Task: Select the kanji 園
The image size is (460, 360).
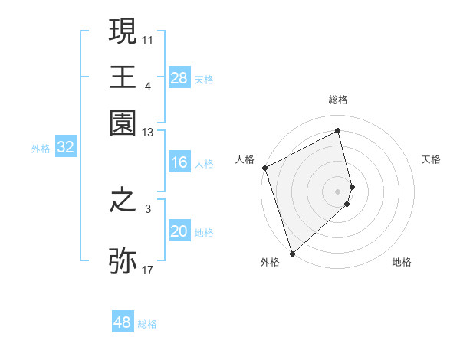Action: point(123,123)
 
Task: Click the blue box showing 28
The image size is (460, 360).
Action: point(179,78)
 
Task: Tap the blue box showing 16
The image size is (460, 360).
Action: point(179,162)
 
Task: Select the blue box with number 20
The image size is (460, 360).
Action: point(179,231)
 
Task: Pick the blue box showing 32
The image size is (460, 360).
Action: point(65,148)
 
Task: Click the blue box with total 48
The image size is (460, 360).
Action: point(123,322)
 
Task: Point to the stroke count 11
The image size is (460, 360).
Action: point(148,39)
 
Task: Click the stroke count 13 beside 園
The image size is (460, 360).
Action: point(148,133)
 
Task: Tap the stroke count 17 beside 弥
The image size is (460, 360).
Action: point(148,270)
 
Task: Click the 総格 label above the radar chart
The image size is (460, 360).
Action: point(338,100)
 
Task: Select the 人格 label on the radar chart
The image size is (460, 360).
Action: point(245,159)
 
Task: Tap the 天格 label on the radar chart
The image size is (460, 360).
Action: point(431,159)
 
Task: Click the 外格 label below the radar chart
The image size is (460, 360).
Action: point(269,263)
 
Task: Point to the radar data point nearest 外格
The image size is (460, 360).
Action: point(292,253)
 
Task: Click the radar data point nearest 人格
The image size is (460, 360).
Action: point(264,168)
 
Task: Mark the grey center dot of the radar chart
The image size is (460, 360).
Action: point(338,191)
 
